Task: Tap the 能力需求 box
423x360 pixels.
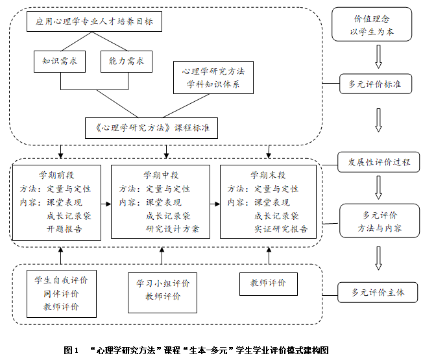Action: [x=127, y=62]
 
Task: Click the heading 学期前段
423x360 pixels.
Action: [x=56, y=175]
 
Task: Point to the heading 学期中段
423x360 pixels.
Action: [x=161, y=175]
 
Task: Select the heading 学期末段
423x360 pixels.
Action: [x=269, y=175]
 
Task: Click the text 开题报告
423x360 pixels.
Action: [x=65, y=229]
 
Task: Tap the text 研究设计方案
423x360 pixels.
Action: [x=173, y=229]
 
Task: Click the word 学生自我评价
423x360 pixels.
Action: [x=62, y=280]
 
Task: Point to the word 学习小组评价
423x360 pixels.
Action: [x=163, y=283]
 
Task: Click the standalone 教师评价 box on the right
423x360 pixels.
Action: [x=267, y=283]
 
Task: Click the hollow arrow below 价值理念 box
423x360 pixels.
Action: [x=378, y=57]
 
